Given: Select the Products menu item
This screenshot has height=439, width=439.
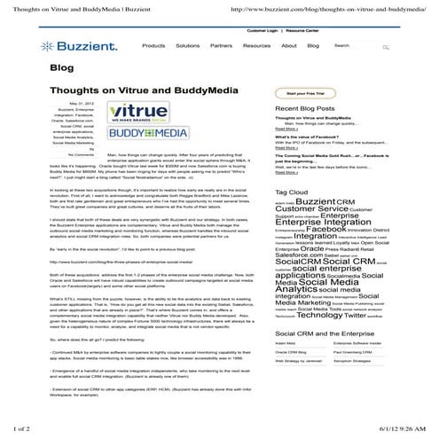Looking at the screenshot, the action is pos(153,45).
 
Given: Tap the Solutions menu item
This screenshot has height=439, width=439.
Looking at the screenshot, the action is pos(187,45).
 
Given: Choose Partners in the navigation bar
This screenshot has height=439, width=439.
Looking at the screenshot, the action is pos(221,45).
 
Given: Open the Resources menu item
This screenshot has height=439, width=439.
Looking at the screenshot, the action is pos(256,45).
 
